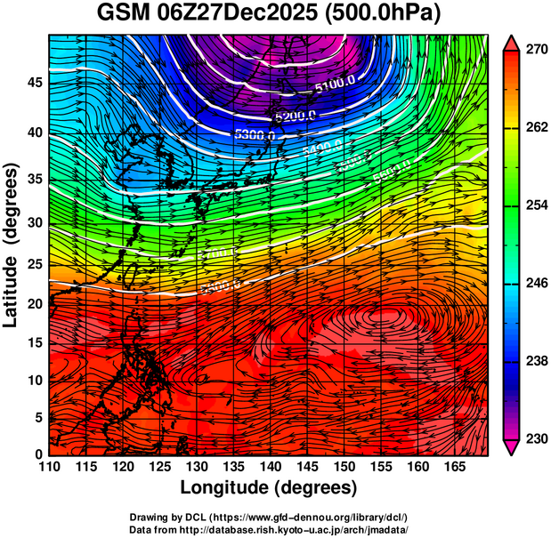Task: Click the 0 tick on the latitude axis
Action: [x=38, y=454]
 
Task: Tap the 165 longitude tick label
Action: [x=452, y=467]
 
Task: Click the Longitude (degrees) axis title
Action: [x=269, y=487]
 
